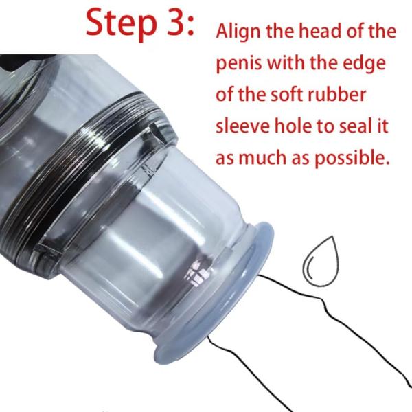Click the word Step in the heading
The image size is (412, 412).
tap(121, 23)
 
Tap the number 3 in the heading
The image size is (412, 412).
tap(174, 22)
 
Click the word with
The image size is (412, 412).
tap(286, 62)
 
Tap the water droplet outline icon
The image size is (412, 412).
tap(321, 261)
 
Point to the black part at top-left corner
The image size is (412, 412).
tap(23, 61)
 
